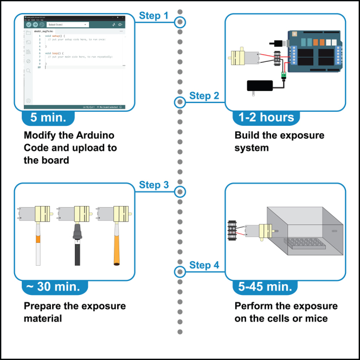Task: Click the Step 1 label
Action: pos(153,16)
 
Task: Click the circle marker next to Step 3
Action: pos(180,191)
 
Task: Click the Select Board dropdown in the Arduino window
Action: pos(67,24)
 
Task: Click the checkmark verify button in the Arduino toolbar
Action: pos(28,24)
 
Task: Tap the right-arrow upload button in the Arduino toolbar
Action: pos(35,24)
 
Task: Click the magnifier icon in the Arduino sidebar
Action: pos(28,71)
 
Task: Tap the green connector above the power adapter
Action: pos(282,74)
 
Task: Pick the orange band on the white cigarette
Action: pos(38,239)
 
